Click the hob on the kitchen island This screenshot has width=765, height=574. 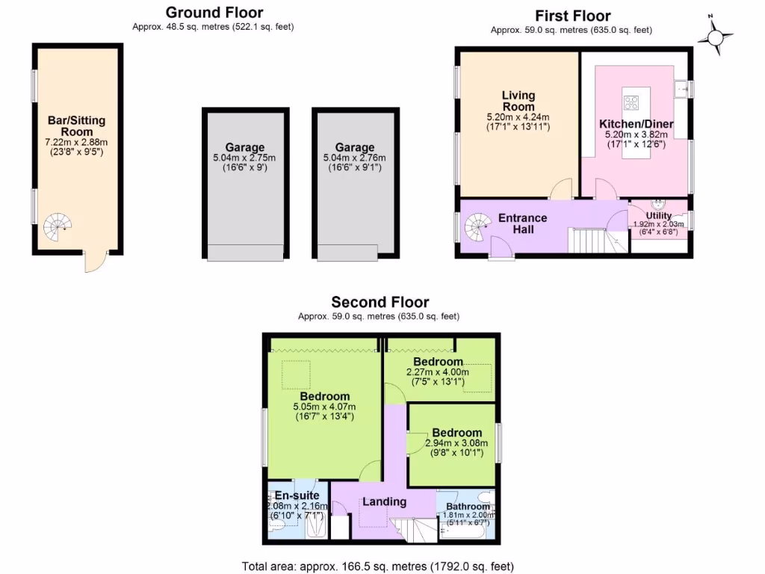point(631,102)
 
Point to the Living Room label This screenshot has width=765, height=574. point(518,101)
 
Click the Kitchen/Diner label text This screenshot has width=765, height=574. point(637,124)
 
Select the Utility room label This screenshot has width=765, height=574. point(659,216)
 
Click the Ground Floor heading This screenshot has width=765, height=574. point(214,13)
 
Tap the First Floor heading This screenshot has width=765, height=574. point(572,16)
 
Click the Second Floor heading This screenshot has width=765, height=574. point(380,303)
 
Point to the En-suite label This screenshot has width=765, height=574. point(297,496)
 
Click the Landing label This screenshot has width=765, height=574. point(384,502)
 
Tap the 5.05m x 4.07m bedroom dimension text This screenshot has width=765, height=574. point(325,407)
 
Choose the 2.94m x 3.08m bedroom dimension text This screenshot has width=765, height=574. point(456,443)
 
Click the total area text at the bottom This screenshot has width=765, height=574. point(378,567)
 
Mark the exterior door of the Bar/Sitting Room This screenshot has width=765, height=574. point(95,261)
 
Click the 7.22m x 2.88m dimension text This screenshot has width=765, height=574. point(76,143)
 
